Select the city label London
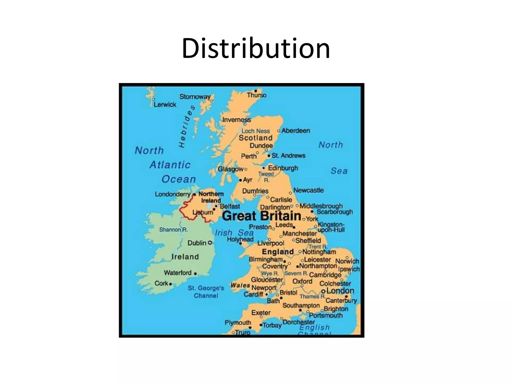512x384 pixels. pos(340,291)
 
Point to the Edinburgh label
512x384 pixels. pos(283,168)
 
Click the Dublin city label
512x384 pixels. pos(197,243)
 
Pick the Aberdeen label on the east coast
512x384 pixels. pos(295,130)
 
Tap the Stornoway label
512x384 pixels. pos(195,97)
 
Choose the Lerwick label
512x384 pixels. pos(165,104)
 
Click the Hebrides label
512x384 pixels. pos(187,126)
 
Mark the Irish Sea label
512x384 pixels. pos(234,233)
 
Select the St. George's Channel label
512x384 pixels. pos(206,292)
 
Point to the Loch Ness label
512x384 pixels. pos(255,131)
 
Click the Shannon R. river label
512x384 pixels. pos(173,229)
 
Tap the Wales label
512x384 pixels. pos(240,285)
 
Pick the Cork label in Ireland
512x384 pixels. pos(161,283)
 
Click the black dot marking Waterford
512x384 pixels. pos(195,274)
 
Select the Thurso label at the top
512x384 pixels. pos(256,95)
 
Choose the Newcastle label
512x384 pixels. pos(308,190)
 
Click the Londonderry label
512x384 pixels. pos(172,194)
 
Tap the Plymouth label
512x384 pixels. pos(237,322)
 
